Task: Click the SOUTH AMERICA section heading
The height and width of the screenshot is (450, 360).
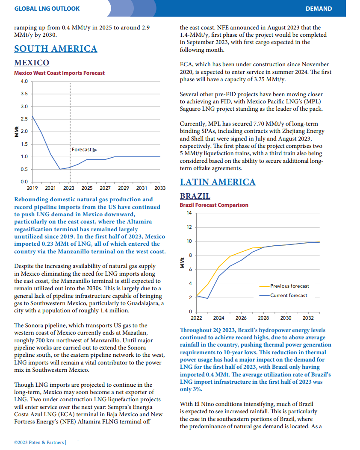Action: [56, 49]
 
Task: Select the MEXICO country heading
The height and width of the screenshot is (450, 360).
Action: [32, 62]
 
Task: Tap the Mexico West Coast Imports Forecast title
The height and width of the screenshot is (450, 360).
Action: [59, 73]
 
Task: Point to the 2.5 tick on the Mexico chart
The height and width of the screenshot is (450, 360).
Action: [24, 119]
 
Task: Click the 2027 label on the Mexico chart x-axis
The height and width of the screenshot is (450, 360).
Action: [105, 188]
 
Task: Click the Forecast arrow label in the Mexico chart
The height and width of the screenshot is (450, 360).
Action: [84, 150]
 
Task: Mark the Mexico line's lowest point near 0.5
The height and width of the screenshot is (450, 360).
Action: [60, 169]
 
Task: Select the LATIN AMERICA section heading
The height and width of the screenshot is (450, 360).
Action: [218, 182]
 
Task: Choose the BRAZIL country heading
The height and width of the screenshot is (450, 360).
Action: [195, 196]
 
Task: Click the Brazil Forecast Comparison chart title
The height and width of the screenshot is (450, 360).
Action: [214, 205]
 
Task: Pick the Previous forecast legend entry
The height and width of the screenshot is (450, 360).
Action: [284, 286]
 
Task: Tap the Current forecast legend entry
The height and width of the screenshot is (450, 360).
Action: [283, 295]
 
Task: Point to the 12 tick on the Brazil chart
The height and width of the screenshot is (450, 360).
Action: [189, 227]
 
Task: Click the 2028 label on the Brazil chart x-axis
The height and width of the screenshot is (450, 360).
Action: [263, 318]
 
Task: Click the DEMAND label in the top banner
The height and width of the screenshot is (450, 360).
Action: [319, 9]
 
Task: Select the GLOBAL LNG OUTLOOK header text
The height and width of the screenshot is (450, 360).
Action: [47, 9]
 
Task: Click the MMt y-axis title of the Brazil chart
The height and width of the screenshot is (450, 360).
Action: [182, 263]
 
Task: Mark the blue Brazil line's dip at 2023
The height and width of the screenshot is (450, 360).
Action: [207, 298]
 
